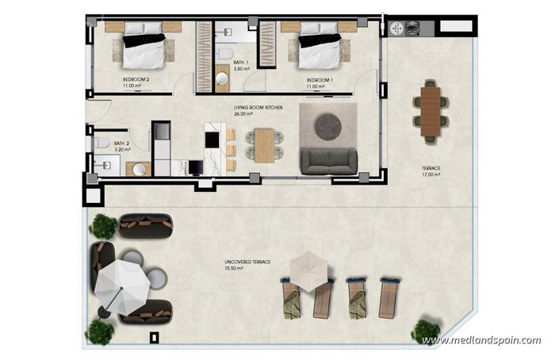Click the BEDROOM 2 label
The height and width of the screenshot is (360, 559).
[137, 80]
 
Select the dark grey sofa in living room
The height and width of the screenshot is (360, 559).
[329, 162]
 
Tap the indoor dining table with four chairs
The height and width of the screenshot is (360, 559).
[262, 144]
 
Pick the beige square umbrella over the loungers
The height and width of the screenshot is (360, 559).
[305, 270]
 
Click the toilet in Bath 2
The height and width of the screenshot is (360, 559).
[101, 143]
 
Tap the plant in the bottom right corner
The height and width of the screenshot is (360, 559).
[426, 331]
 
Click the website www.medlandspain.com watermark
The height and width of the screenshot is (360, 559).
[481, 341]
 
